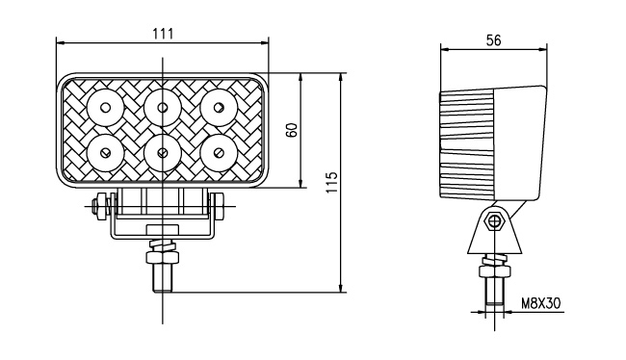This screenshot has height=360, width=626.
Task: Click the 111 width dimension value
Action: coord(164,34)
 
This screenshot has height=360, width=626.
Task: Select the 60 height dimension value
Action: coord(292,130)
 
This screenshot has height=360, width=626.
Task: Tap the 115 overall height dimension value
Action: coord(331,182)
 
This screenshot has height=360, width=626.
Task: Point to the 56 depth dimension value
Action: coord(493,39)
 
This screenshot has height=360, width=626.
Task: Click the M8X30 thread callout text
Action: coord(541,304)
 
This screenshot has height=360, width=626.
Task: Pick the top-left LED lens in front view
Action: coord(105,108)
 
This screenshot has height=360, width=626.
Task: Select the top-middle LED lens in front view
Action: coord(162,108)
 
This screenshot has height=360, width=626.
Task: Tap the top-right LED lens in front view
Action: coord(219,108)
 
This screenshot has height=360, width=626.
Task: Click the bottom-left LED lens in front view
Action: coord(105,153)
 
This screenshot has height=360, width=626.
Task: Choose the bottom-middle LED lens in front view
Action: coord(162,153)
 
